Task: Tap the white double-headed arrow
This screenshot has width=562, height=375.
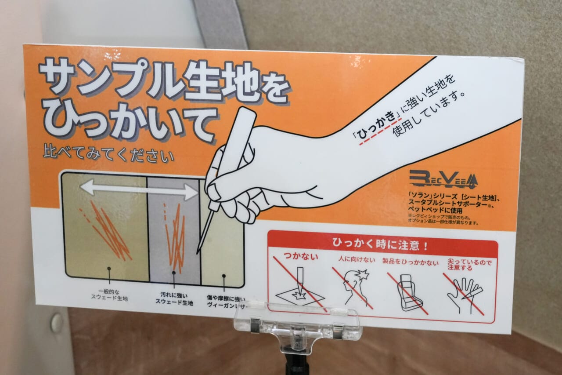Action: (x=139, y=189)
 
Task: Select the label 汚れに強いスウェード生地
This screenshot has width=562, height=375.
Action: (x=174, y=299)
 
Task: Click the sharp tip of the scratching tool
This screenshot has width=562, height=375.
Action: (x=198, y=252)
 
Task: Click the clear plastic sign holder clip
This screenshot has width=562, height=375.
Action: (x=297, y=325)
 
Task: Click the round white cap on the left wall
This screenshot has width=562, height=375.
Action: (x=57, y=322)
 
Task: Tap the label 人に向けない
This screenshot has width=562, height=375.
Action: (x=357, y=259)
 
